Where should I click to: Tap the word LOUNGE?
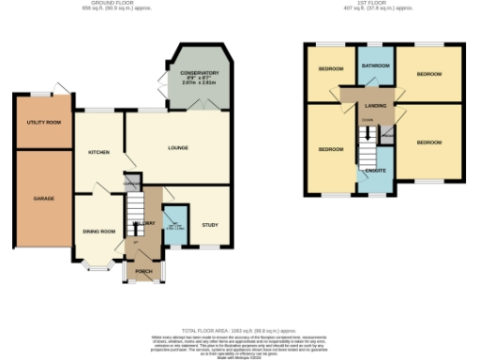pos(178,148)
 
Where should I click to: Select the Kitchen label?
pos(98,152)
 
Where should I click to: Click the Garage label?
pos(43,199)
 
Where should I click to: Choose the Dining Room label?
pos(98,231)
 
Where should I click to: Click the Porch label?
pos(143,272)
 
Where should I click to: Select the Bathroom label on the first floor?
pos(377,66)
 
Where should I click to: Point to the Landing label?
pos(375,106)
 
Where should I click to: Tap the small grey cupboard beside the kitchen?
pos(132,181)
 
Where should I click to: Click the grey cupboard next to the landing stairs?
pos(387,137)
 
